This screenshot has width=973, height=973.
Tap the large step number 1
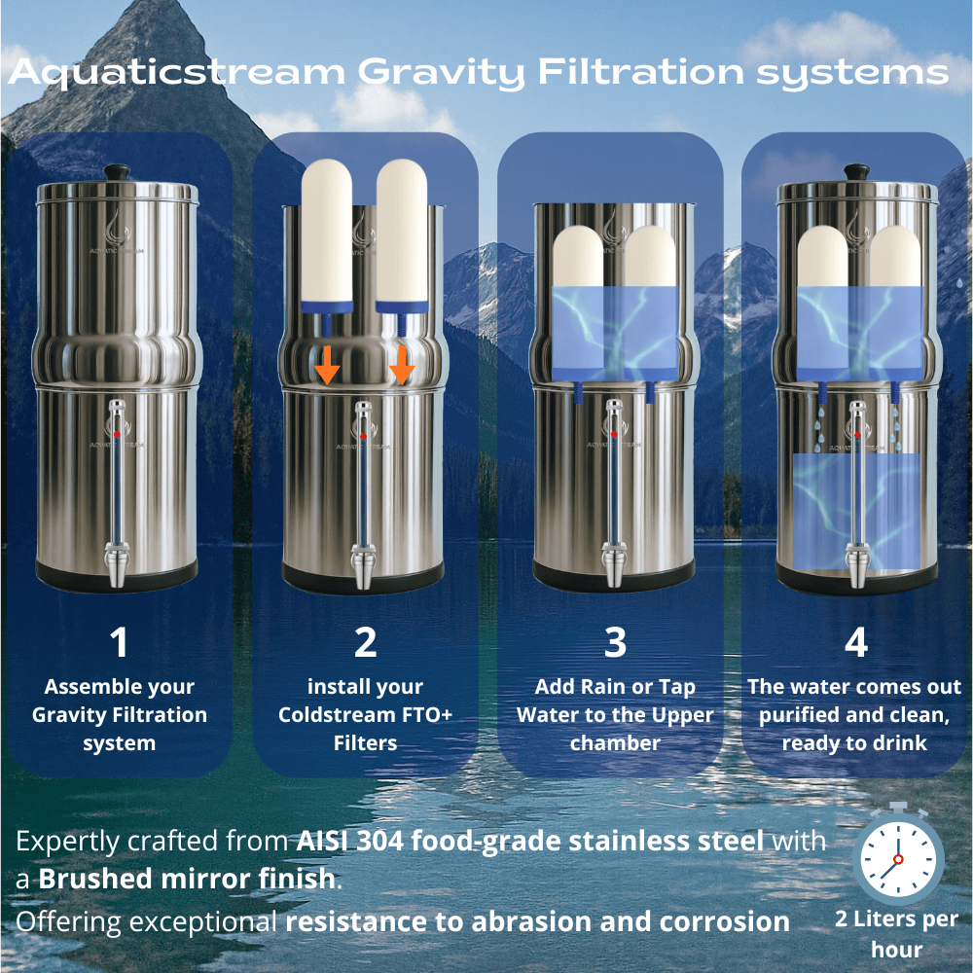point(119,643)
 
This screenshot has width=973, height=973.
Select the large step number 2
point(365,643)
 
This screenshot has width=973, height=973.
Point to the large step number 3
point(615,643)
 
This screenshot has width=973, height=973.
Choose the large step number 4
point(855,643)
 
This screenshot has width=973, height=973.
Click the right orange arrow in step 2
point(402,367)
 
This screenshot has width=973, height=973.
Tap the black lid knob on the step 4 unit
point(856,171)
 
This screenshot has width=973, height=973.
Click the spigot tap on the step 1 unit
point(117,568)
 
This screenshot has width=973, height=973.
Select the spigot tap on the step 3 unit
point(615,568)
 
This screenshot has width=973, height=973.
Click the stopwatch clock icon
point(897,856)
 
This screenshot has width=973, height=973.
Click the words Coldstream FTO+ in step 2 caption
point(365,715)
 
